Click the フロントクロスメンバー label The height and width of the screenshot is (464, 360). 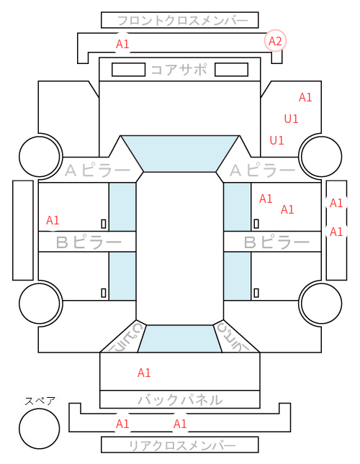pyautogui.click(x=183, y=21)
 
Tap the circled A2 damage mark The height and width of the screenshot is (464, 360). pyautogui.click(x=275, y=41)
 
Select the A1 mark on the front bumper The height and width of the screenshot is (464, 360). pyautogui.click(x=122, y=44)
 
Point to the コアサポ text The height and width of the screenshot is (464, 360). pyautogui.click(x=179, y=70)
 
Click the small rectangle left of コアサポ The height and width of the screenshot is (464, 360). pyautogui.click(x=128, y=70)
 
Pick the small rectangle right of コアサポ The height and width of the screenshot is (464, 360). pyautogui.click(x=231, y=70)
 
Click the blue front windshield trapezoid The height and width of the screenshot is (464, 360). pyautogui.click(x=180, y=154)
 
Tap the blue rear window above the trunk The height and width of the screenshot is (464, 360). pyautogui.click(x=180, y=339)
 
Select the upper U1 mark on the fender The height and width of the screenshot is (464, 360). pyautogui.click(x=291, y=119)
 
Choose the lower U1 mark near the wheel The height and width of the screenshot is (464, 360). pyautogui.click(x=276, y=140)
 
